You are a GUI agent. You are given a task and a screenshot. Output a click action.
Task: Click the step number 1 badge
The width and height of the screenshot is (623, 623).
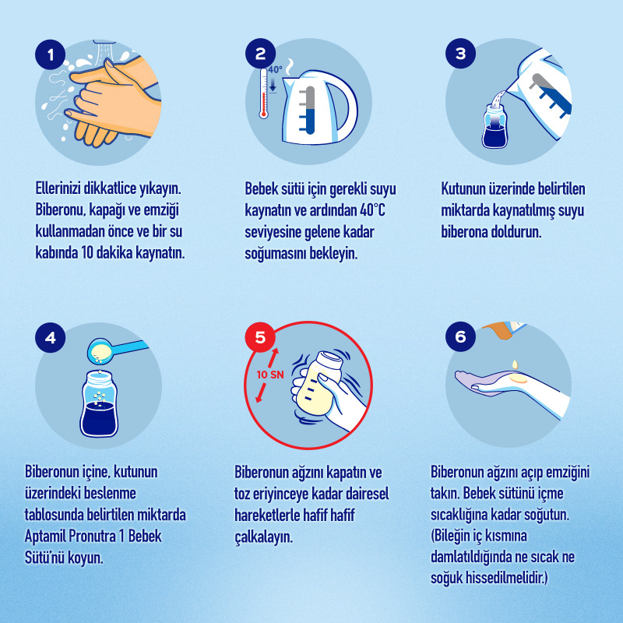click(51, 55)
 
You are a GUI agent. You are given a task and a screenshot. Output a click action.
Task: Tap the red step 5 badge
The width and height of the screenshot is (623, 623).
click(260, 337)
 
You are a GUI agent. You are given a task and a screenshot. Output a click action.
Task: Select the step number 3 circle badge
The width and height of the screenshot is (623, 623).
click(460, 53)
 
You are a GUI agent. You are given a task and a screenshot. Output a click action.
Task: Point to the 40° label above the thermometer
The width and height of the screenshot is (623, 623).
click(275, 69)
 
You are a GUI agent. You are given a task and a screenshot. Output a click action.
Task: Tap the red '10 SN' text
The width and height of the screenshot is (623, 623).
click(270, 375)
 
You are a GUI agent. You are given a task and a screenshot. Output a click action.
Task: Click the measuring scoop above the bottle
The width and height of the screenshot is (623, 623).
click(115, 350)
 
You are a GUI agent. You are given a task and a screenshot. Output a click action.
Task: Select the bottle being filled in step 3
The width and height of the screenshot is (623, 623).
click(495, 126)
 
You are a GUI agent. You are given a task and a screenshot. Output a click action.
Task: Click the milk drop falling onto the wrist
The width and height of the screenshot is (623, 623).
click(515, 364)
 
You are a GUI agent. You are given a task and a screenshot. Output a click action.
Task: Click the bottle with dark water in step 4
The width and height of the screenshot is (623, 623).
click(99, 403)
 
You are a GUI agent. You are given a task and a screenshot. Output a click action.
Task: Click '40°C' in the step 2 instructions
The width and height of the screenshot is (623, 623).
click(372, 210)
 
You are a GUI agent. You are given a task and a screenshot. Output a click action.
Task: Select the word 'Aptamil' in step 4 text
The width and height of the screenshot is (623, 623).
click(45, 537)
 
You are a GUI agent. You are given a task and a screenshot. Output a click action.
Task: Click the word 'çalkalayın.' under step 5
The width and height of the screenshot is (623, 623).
click(263, 537)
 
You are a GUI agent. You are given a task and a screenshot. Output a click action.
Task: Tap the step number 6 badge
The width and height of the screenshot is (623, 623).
click(460, 336)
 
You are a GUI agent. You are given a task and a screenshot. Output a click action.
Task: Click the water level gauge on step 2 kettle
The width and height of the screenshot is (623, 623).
click(309, 110)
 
